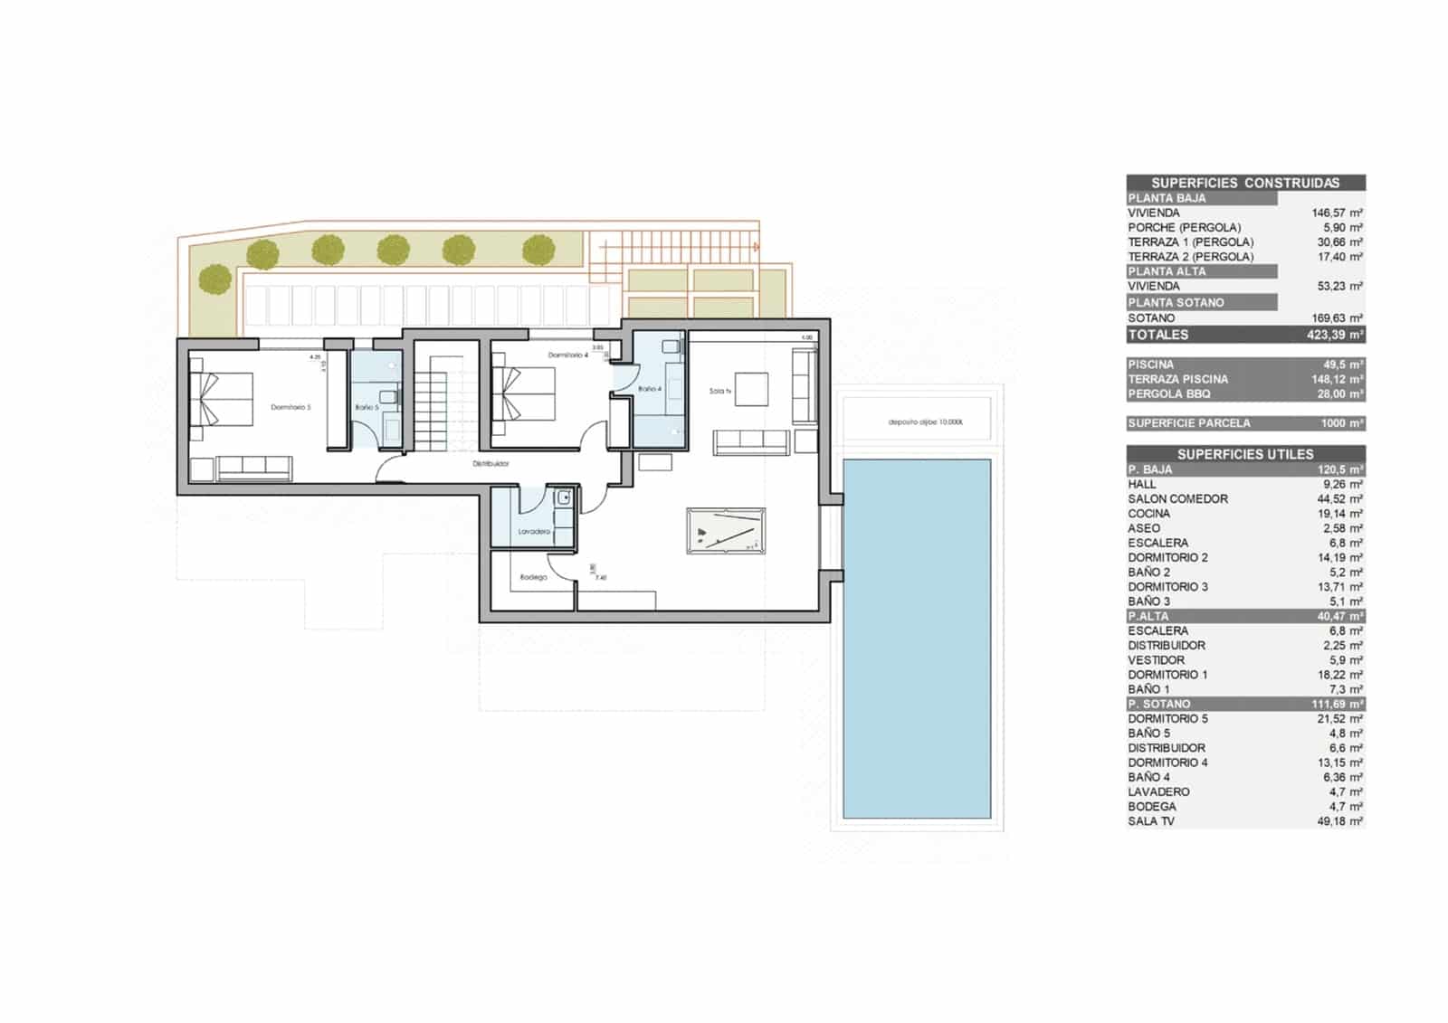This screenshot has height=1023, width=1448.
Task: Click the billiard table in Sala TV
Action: pyautogui.click(x=726, y=531)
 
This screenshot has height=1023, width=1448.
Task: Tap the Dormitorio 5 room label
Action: pyautogui.click(x=291, y=408)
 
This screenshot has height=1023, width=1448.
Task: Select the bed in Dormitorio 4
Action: pyautogui.click(x=524, y=393)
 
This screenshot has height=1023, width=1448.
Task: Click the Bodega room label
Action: pyautogui.click(x=533, y=577)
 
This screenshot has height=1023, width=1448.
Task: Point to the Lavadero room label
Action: pyautogui.click(x=534, y=532)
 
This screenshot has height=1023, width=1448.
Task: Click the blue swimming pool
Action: pyautogui.click(x=917, y=638)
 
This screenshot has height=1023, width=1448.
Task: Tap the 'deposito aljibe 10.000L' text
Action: pyautogui.click(x=925, y=422)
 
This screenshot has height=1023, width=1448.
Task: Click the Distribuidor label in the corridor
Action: pyautogui.click(x=491, y=464)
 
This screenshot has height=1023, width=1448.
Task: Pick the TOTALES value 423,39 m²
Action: pyautogui.click(x=1335, y=335)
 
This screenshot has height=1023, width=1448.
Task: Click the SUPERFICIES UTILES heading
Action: pyautogui.click(x=1245, y=454)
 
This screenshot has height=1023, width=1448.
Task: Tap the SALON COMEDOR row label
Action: pyautogui.click(x=1177, y=499)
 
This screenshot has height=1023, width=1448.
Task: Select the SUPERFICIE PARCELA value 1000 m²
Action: pyautogui.click(x=1341, y=423)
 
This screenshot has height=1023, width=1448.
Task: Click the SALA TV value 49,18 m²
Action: pyautogui.click(x=1339, y=821)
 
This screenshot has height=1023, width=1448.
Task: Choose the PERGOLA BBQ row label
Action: pyautogui.click(x=1168, y=394)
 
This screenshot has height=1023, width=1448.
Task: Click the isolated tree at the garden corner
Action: pyautogui.click(x=214, y=279)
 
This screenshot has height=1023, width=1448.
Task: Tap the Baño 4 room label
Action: pyautogui.click(x=649, y=389)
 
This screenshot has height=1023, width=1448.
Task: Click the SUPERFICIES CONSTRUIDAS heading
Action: pyautogui.click(x=1245, y=183)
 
